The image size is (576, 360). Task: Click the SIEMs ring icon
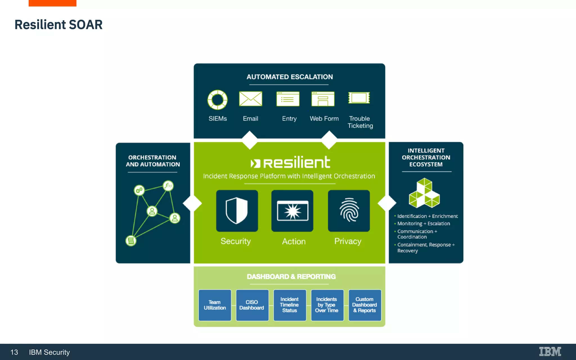click(x=217, y=100)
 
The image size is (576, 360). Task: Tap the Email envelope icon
click(x=250, y=99)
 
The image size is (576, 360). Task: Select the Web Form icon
click(x=323, y=99)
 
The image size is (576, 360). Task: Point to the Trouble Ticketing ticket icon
click(x=359, y=98)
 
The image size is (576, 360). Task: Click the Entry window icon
click(x=288, y=99)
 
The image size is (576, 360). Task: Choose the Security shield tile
click(x=237, y=211)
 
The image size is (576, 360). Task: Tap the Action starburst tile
click(x=292, y=211)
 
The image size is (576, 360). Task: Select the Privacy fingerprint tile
click(x=349, y=211)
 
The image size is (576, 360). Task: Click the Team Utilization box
click(x=215, y=305)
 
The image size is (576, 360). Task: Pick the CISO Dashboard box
click(x=252, y=305)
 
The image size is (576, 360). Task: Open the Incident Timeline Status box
click(x=290, y=305)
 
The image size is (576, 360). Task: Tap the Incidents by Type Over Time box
click(x=327, y=305)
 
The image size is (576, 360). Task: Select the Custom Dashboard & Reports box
click(x=365, y=305)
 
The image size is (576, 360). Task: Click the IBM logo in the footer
click(x=550, y=352)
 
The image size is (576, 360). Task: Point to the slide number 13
click(x=14, y=352)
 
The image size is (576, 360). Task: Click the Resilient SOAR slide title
click(x=58, y=25)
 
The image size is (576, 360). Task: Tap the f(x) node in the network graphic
click(x=168, y=186)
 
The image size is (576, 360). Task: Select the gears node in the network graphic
click(x=139, y=190)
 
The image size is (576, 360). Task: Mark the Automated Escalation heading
click(x=289, y=77)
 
